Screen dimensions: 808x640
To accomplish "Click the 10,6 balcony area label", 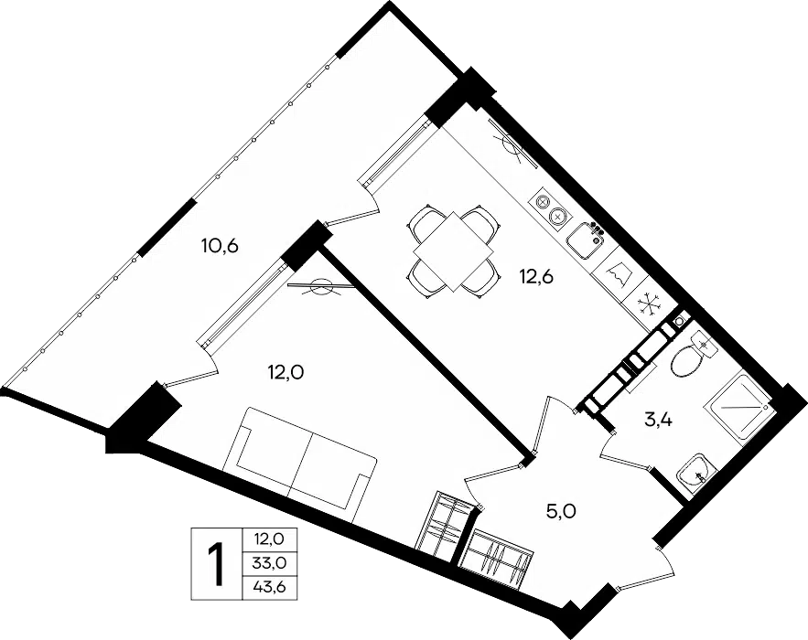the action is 220,246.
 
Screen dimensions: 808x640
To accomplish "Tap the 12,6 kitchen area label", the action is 536,277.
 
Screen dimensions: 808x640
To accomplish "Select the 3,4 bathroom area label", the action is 658,421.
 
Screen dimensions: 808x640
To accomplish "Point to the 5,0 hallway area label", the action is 561,511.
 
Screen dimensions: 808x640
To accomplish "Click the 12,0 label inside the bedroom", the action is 285,370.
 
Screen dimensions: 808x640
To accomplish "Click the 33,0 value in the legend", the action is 269,563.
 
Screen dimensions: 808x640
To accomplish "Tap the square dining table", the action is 454,251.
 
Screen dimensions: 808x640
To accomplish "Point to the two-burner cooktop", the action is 550,209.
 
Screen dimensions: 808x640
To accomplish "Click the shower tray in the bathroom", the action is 739,408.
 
